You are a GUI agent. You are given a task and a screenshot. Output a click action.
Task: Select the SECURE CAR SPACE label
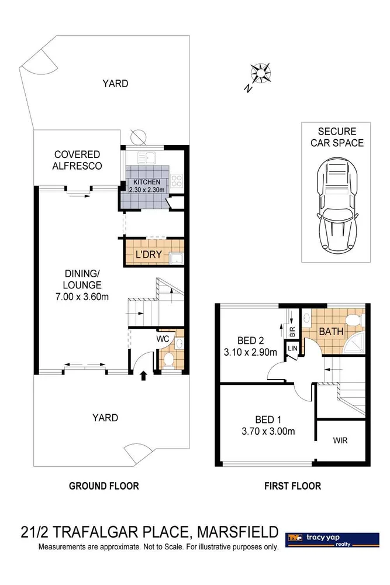coord(336,137)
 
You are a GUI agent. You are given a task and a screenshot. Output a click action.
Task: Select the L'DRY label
coord(147,255)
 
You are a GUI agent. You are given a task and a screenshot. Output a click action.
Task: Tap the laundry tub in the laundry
coord(176,257)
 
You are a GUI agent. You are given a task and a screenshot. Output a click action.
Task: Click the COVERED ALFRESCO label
coord(78,160)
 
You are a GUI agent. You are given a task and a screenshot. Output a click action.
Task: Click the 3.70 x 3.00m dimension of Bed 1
coord(267,432)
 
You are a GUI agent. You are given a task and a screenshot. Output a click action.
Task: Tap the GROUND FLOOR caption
coord(103,486)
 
